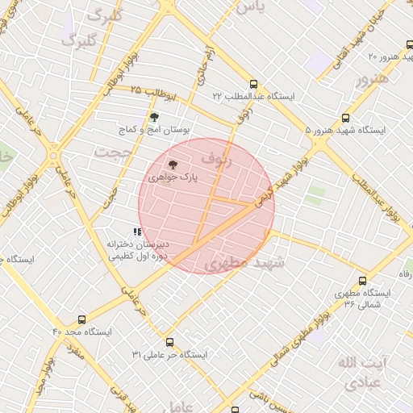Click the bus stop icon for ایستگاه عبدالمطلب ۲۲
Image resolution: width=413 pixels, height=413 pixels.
coord(254,84)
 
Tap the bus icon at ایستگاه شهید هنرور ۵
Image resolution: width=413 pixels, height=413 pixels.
coord(346,118)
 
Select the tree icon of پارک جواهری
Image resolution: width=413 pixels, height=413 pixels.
coord(171,164)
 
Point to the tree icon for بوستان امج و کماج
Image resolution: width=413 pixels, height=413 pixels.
coord(154,117)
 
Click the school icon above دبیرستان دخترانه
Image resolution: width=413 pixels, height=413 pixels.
coord(137,232)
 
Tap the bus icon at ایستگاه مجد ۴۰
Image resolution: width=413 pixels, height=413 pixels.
coord(81,319)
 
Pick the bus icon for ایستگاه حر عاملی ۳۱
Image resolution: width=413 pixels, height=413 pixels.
coord(167,342)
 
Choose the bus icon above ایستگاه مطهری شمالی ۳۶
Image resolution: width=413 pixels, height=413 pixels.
coord(361,281)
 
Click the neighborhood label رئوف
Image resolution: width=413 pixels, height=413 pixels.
coord(216,159)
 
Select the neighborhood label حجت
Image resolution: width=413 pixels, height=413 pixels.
coord(112,151)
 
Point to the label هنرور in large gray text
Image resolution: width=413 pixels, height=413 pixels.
coord(372,79)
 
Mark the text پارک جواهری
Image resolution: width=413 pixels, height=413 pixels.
coord(172,176)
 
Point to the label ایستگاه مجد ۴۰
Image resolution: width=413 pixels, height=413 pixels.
coord(83,332)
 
